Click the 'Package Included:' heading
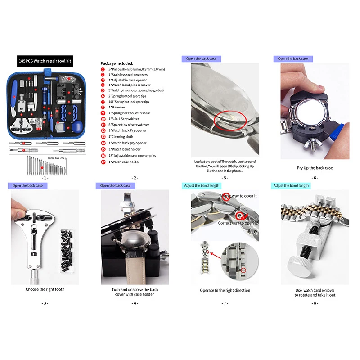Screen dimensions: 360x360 pos(117,63)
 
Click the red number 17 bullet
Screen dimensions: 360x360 pos(103,162)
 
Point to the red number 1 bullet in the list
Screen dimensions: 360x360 pos(103,69)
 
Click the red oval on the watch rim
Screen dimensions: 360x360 pos(229,119)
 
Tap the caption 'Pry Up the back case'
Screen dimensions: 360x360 pos(315,168)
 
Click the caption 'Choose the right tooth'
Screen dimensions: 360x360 pos(45,289)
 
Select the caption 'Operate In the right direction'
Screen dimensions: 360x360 pos(225,290)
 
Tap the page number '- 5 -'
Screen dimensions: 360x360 pos(225,178)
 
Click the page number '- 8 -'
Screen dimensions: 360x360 pos(315,303)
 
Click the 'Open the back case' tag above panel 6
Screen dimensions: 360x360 pos(293,58)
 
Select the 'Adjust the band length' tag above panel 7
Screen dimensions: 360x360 pos(201,185)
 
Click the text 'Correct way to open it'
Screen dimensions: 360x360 pos(237,223)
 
